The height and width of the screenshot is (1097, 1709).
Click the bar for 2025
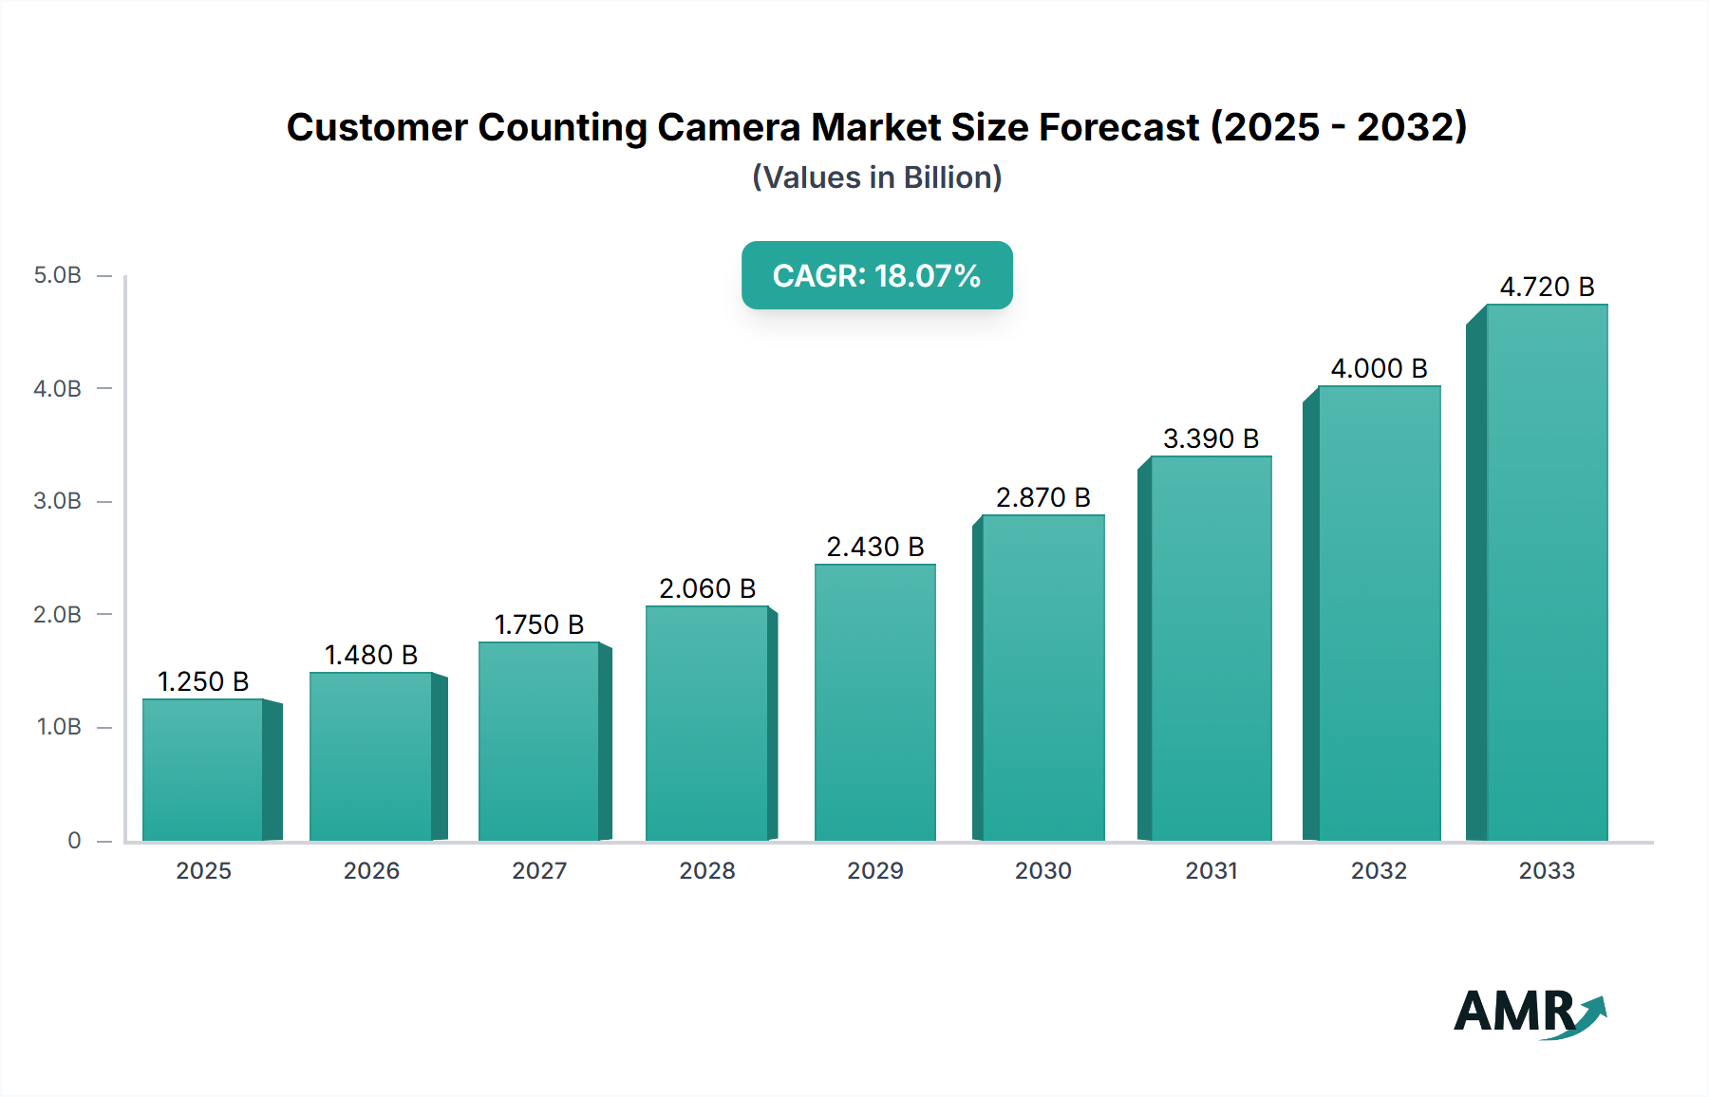pos(202,770)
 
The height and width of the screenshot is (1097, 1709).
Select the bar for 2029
pos(874,702)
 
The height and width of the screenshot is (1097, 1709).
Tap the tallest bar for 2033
pos(1547,572)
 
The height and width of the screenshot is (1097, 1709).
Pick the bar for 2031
pos(1211,648)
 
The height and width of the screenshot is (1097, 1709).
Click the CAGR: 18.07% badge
pos(876,275)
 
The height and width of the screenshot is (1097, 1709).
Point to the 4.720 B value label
pos(1547,287)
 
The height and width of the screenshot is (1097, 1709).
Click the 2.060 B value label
pos(707,588)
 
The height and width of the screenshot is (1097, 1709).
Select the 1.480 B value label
pos(371,655)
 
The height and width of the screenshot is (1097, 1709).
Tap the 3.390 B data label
pos(1211,438)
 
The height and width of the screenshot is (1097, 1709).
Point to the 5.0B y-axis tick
pos(58,275)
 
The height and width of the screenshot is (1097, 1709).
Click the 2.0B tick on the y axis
pos(58,614)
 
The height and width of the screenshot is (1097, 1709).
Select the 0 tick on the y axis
pos(74,840)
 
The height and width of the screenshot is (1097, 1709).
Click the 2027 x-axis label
pos(539,870)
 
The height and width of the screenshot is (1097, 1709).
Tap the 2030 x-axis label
pos(1042,870)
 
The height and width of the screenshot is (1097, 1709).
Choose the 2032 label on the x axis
pos(1379,870)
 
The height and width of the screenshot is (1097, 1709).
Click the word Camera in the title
pos(729,127)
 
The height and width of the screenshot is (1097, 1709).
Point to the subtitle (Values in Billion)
pos(876,177)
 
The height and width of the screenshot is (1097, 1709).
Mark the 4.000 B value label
pos(1379,368)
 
